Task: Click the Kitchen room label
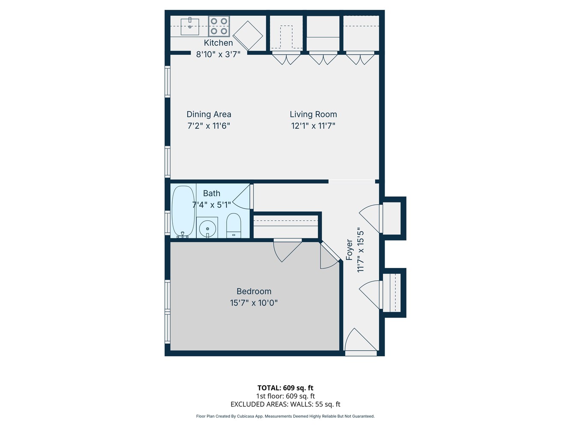pyautogui.click(x=218, y=43)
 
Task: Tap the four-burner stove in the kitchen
pyautogui.click(x=219, y=26)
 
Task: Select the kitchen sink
pyautogui.click(x=190, y=26)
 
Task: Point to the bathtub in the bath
pyautogui.click(x=183, y=211)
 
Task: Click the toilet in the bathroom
pyautogui.click(x=233, y=226)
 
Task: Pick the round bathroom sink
pyautogui.click(x=207, y=227)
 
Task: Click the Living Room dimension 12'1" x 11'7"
pyautogui.click(x=313, y=126)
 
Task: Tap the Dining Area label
pyautogui.click(x=209, y=114)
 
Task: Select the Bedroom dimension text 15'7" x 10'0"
pyautogui.click(x=254, y=303)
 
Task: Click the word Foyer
pyautogui.click(x=350, y=250)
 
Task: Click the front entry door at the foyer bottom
pyautogui.click(x=361, y=343)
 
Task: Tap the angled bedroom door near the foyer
pyautogui.click(x=329, y=256)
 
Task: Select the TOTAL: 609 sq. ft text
pyautogui.click(x=285, y=388)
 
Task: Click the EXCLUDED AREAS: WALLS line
pyautogui.click(x=285, y=404)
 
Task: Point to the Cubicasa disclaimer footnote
pyautogui.click(x=285, y=416)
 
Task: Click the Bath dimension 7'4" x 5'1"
pyautogui.click(x=212, y=205)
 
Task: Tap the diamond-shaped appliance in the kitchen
pyautogui.click(x=248, y=36)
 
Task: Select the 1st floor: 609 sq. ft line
pyautogui.click(x=285, y=396)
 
